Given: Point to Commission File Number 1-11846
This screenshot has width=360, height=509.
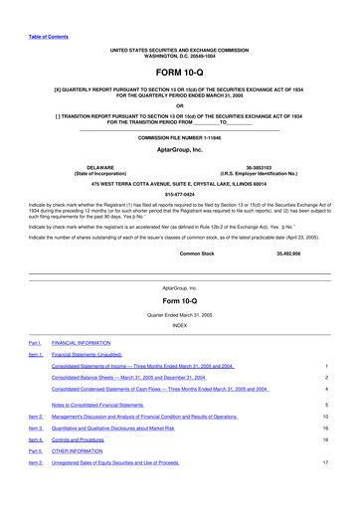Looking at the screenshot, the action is tap(179, 136).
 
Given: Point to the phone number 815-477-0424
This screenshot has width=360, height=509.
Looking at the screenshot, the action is tap(179, 195).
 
